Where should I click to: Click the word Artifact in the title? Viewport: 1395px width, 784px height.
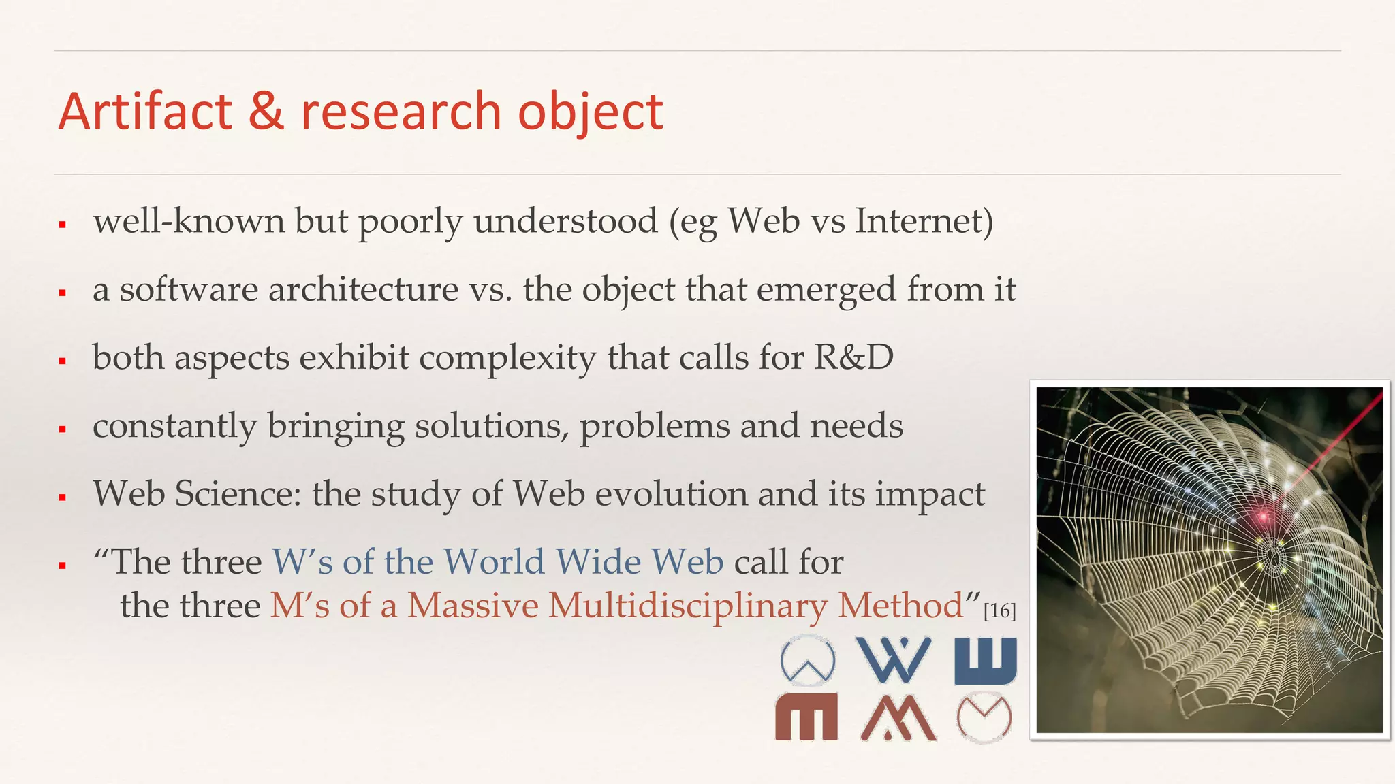[145, 112]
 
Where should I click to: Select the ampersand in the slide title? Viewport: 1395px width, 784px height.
[266, 112]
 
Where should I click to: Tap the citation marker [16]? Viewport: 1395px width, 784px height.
[1000, 610]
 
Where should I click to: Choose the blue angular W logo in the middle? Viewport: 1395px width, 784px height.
[893, 659]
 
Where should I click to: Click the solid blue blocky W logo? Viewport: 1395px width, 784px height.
[986, 661]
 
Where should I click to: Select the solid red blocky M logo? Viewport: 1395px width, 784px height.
[806, 717]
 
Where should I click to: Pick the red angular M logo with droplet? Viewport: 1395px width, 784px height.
[898, 718]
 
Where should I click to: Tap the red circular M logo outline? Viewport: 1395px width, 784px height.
[984, 717]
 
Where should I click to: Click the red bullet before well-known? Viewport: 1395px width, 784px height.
[62, 224]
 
